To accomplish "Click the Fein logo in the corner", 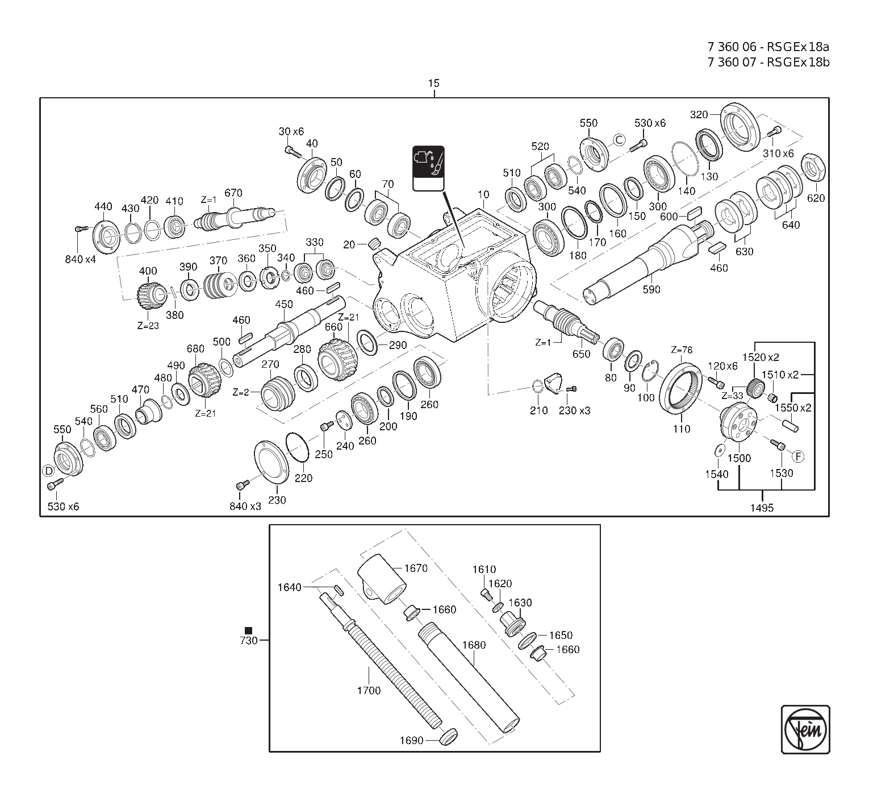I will (x=805, y=729).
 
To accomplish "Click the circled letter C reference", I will (x=619, y=140).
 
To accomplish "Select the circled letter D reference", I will (x=49, y=471).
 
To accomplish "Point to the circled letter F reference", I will (x=798, y=456).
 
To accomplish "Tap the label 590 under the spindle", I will (x=651, y=289).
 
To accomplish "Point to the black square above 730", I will (x=248, y=630).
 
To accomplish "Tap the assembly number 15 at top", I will (x=433, y=84).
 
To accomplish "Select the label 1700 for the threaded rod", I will (x=369, y=690).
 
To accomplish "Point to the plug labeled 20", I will (x=374, y=244).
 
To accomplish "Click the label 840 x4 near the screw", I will (x=81, y=260).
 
